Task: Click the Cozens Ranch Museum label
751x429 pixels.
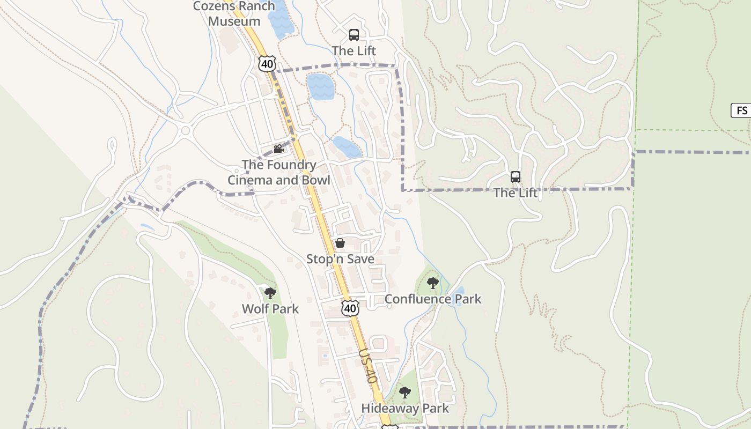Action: (x=234, y=14)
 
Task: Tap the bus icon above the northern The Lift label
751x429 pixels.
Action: (x=354, y=35)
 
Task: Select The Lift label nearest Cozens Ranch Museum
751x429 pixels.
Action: (x=354, y=51)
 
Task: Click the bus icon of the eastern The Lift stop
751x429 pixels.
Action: (x=516, y=176)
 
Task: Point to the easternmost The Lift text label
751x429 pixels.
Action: (x=516, y=193)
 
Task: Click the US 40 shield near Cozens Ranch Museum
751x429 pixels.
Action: (x=267, y=64)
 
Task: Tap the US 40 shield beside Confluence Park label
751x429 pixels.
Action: (x=350, y=308)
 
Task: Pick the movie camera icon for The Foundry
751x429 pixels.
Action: (x=278, y=149)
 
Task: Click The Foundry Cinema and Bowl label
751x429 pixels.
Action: (x=279, y=172)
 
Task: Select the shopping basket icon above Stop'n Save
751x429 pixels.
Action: (x=340, y=243)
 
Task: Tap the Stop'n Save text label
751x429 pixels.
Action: (x=340, y=259)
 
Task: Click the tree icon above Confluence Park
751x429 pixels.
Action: (x=433, y=283)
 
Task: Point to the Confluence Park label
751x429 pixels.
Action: (x=433, y=299)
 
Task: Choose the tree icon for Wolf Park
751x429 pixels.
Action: (x=270, y=293)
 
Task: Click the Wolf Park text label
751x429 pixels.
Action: (x=270, y=309)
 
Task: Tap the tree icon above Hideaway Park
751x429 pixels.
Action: (x=405, y=393)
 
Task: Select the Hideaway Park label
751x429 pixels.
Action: (x=405, y=409)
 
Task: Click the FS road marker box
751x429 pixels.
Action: (x=741, y=111)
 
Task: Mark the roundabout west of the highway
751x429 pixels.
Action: (x=186, y=130)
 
